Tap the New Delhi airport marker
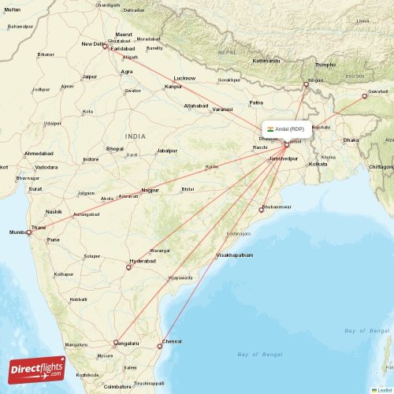105,45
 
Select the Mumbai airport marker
29,232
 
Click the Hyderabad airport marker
128,267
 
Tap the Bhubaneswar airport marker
262,210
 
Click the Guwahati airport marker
365,96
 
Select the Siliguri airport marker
307,84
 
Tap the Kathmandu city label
266,60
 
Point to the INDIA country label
135,136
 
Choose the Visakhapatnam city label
235,255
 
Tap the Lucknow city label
184,78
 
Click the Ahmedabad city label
39,153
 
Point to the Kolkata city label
318,164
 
